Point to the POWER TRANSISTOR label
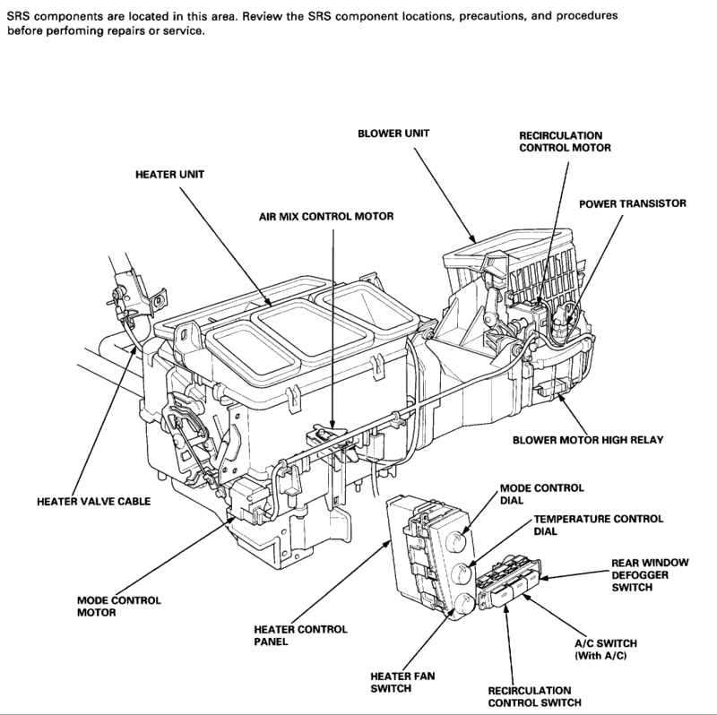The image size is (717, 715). pyautogui.click(x=632, y=204)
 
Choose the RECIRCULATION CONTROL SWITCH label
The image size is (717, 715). pyautogui.click(x=530, y=697)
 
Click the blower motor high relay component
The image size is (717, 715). pyautogui.click(x=549, y=391)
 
